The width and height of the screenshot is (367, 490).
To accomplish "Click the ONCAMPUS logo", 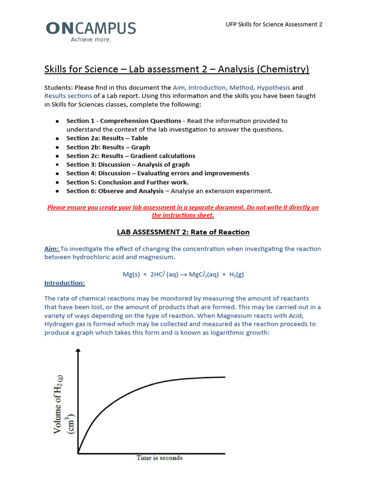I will coord(91,29).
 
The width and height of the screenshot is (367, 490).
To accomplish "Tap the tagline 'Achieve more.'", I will coord(91,40).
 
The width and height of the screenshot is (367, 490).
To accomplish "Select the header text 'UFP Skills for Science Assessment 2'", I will coord(274,24).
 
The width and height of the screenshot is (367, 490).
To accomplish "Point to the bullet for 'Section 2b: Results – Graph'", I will coord(57,147).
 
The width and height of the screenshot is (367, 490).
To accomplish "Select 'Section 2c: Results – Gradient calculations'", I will coord(130,156).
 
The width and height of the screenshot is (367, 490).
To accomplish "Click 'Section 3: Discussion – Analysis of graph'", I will coord(128,165).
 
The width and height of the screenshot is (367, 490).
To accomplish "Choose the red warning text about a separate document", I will coord(183,211).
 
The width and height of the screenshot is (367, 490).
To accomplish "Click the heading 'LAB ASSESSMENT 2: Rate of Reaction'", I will coord(183,232).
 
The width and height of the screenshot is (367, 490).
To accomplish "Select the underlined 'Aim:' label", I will coord(52,249).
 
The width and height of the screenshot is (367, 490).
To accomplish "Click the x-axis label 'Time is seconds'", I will coord(159,458).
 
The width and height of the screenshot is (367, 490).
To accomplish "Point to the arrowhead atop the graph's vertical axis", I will coord(78,351).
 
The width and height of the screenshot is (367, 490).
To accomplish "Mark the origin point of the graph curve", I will coord(78,452).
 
